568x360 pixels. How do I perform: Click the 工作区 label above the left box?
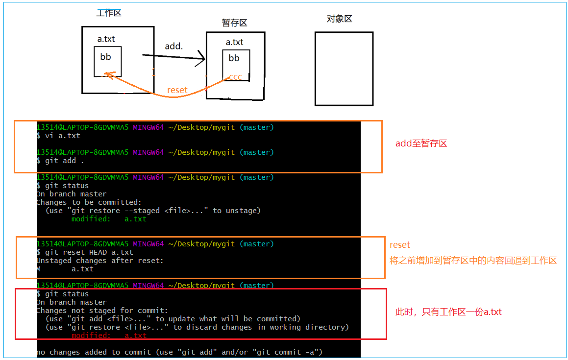(x=109, y=13)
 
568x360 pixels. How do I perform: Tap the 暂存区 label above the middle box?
(x=234, y=23)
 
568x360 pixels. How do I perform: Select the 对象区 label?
(x=339, y=19)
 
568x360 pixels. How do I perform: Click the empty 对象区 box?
(x=344, y=69)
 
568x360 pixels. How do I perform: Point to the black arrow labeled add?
(x=173, y=57)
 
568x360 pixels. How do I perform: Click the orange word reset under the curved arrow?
(x=177, y=90)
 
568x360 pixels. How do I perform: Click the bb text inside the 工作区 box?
(x=105, y=57)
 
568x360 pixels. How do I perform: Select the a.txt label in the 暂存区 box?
(x=234, y=42)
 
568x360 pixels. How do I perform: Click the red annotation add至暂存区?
(x=421, y=144)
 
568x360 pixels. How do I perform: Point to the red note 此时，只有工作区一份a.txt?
(x=448, y=312)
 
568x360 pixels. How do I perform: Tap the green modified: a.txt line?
(x=109, y=219)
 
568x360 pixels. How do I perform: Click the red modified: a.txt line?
(x=109, y=336)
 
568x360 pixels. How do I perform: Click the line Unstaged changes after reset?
(x=100, y=261)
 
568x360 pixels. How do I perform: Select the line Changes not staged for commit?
(x=102, y=311)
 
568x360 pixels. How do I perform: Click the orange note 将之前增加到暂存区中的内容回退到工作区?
(x=473, y=261)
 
